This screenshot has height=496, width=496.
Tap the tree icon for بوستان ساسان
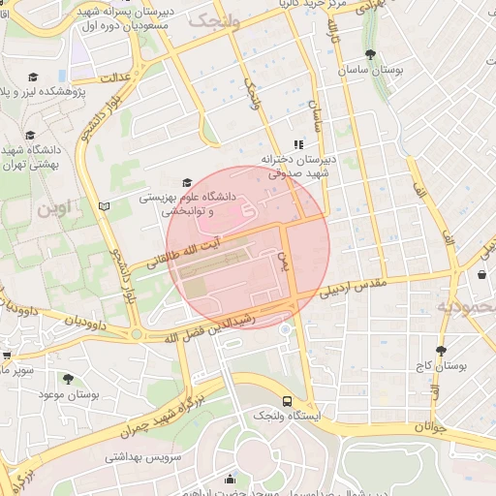click(x=370, y=54)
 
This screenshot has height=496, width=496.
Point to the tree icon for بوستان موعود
click(x=68, y=379)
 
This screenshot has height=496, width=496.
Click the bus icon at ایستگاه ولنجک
click(x=287, y=400)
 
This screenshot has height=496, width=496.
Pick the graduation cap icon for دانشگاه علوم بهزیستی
click(x=187, y=182)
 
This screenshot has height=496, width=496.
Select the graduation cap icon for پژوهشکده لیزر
click(x=33, y=77)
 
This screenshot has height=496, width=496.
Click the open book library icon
click(x=105, y=205)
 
